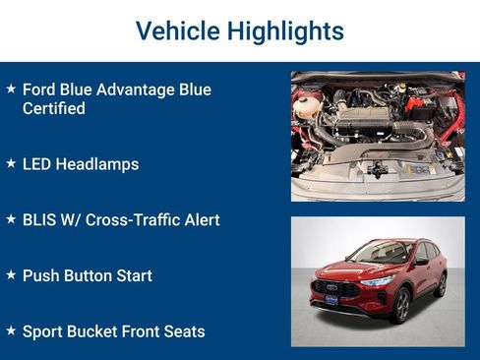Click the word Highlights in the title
point(285,30)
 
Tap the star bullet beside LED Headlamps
point(11,163)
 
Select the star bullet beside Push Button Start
point(11,274)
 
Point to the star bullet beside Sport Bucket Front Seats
point(11,330)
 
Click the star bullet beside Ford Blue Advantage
point(11,89)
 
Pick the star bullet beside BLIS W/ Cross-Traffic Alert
point(11,219)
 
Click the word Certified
point(54,108)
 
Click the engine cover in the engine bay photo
point(367,123)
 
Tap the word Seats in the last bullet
point(183,331)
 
